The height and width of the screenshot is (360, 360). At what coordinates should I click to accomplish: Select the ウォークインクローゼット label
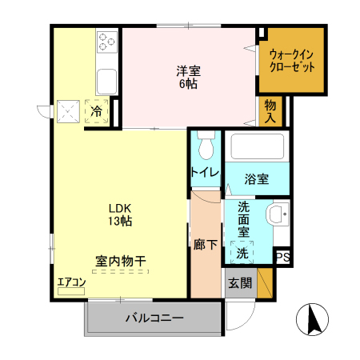291,60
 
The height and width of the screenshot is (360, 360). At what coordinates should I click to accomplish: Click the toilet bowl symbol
206,145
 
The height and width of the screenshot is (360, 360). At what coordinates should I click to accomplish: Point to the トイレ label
205,172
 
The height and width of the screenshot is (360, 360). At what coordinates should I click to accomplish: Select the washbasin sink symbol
277,214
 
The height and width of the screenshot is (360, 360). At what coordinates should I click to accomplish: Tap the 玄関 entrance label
239,282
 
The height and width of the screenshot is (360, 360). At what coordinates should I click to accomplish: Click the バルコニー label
154,318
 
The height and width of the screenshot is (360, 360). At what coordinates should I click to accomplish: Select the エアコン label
70,282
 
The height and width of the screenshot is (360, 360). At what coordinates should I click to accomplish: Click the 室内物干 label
120,261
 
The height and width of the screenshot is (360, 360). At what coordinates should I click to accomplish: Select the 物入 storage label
270,110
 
